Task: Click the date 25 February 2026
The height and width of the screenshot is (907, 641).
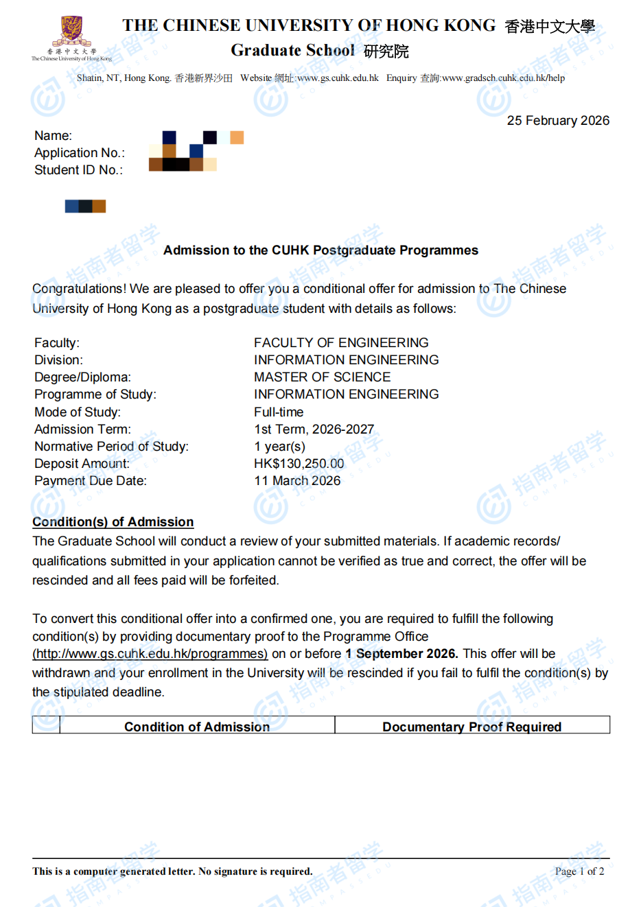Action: point(558,121)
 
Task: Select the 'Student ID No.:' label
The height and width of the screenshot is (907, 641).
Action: point(79,170)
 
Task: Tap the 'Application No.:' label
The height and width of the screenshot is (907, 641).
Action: point(80,153)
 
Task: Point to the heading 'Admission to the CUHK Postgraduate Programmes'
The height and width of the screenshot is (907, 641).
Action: point(320,250)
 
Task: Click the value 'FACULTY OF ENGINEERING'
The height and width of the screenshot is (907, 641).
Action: point(341,342)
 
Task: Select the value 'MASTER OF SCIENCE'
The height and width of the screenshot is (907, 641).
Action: point(322,377)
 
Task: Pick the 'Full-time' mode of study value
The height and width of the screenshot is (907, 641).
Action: point(279,412)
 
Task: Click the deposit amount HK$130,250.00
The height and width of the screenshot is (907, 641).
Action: point(299,464)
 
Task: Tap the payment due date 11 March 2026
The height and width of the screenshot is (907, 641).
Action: point(297,481)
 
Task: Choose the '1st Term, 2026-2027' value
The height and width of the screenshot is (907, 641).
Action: point(314,429)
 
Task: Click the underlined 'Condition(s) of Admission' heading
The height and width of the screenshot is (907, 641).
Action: point(113,522)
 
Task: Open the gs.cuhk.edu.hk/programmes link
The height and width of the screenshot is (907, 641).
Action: point(150,654)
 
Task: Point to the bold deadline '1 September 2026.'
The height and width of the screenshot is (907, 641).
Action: point(401,654)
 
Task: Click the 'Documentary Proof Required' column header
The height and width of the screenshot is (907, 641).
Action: point(471,727)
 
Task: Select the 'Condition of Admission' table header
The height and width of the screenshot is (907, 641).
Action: point(197,727)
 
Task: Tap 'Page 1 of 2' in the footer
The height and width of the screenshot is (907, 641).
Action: point(579,871)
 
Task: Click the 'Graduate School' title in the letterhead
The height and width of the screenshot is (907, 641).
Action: point(292,51)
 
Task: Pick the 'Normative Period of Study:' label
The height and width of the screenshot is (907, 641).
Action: point(111,447)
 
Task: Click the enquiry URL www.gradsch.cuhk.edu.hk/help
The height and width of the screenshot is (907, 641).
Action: point(503,78)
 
